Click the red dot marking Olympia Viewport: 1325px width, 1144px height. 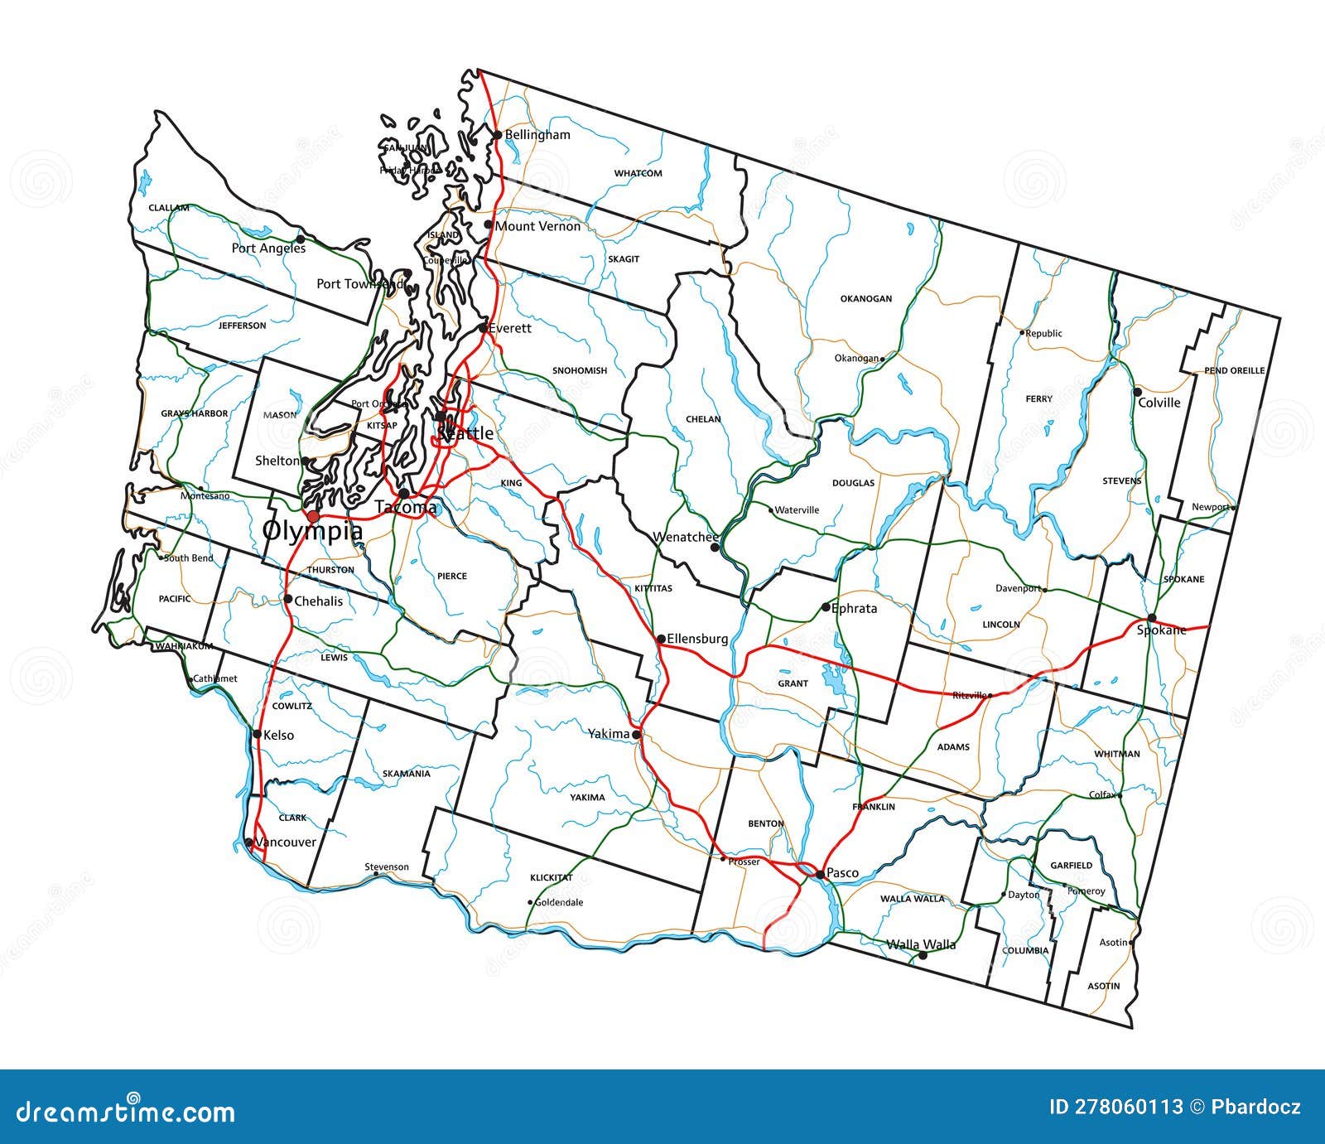(x=313, y=516)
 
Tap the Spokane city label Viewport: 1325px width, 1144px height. (x=1161, y=630)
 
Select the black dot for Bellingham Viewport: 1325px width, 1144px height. (x=497, y=134)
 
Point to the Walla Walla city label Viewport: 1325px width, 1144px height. (x=921, y=944)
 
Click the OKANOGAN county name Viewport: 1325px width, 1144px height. (x=866, y=298)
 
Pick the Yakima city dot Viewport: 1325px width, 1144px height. (x=636, y=735)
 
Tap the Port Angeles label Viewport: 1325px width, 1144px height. (x=268, y=248)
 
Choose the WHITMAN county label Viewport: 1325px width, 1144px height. (x=1117, y=754)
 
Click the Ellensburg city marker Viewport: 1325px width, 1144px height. (x=661, y=639)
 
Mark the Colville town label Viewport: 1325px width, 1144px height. (x=1159, y=403)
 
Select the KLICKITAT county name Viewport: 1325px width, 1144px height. (x=552, y=877)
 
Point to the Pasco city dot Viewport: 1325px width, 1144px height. (x=819, y=874)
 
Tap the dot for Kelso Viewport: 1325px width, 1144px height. (x=258, y=734)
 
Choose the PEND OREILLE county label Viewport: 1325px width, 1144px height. (x=1234, y=370)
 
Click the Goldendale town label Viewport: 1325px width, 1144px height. (x=559, y=902)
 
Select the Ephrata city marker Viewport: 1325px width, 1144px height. (x=826, y=607)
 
